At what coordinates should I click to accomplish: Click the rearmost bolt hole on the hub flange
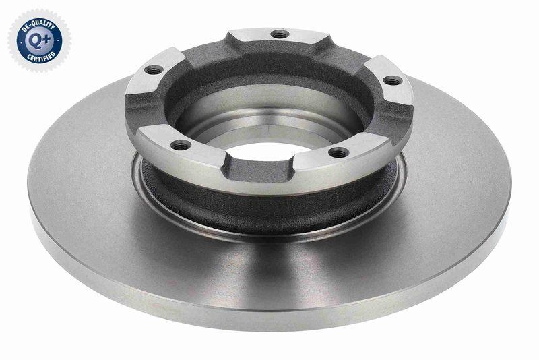coord(279,34)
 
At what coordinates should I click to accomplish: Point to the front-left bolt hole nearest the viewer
coord(179,144)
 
